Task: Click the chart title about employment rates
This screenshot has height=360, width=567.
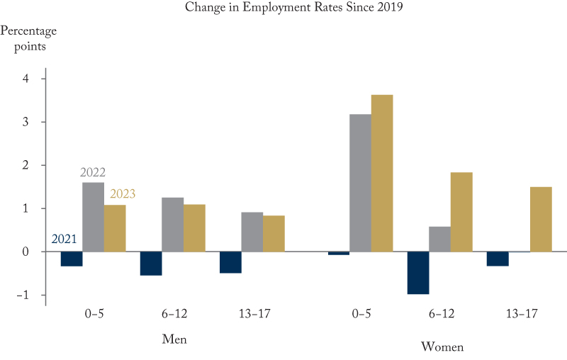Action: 283,8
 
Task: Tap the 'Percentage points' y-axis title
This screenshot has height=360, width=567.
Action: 28,39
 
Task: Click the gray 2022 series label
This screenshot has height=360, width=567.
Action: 93,172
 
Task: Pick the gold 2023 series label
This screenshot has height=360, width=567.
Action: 122,194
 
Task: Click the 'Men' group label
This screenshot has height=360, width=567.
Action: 174,339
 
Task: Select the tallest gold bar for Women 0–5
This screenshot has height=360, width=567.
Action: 382,173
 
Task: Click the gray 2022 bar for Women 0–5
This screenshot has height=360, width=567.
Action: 360,183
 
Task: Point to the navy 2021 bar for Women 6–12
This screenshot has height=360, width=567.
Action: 418,273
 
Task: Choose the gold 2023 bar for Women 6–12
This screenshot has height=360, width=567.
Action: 461,212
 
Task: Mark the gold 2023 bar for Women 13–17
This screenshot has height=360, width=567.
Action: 541,219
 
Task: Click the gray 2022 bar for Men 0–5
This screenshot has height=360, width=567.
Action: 93,217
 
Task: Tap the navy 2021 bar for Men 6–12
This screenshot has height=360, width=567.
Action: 151,264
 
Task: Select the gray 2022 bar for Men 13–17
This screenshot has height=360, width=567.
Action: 252,232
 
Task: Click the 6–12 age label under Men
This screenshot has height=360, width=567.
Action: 172,313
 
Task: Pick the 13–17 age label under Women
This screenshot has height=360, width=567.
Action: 520,313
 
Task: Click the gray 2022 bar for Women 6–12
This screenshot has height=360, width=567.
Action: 439,239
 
